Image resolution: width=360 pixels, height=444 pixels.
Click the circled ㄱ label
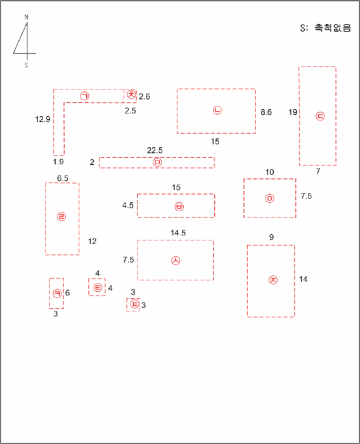click(85, 96)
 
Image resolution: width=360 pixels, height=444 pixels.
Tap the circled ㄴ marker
click(217, 110)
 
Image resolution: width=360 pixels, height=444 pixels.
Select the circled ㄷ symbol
click(320, 116)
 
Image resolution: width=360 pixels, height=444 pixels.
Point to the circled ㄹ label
click(61, 217)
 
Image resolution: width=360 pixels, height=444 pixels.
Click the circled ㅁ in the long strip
click(157, 162)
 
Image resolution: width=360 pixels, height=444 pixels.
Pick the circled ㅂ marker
click(179, 206)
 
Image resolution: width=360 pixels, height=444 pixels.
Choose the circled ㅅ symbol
click(176, 260)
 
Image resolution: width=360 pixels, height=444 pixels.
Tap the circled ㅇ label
click(270, 198)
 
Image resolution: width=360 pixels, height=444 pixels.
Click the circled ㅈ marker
click(273, 280)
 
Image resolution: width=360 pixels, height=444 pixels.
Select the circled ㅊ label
click(131, 95)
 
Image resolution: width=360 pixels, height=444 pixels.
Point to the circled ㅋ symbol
click(57, 293)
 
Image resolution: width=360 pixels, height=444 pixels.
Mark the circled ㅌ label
click(98, 287)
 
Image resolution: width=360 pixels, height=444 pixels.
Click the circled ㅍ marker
click(135, 304)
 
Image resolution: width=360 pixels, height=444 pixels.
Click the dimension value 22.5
click(155, 150)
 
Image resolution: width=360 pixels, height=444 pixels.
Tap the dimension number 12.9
click(42, 119)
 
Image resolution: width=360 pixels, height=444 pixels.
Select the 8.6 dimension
click(266, 112)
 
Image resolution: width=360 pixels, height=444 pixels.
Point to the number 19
click(293, 112)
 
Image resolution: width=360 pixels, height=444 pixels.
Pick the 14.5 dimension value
click(178, 233)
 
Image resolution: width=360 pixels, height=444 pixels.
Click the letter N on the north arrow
click(27, 17)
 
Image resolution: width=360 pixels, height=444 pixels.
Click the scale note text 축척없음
click(333, 28)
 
